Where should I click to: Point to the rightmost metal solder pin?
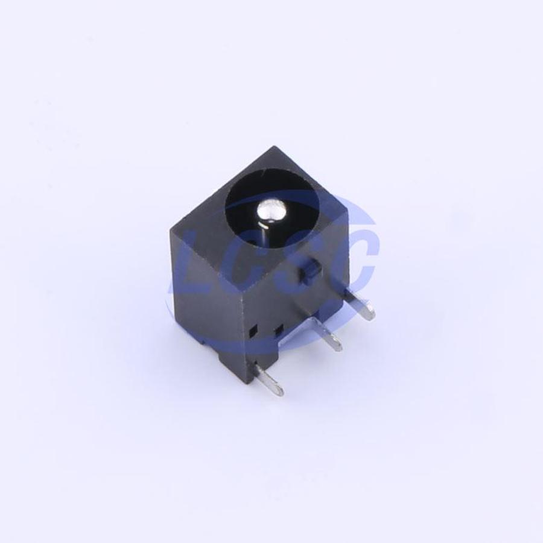pos(360,305)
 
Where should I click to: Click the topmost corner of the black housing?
pos(275,147)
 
